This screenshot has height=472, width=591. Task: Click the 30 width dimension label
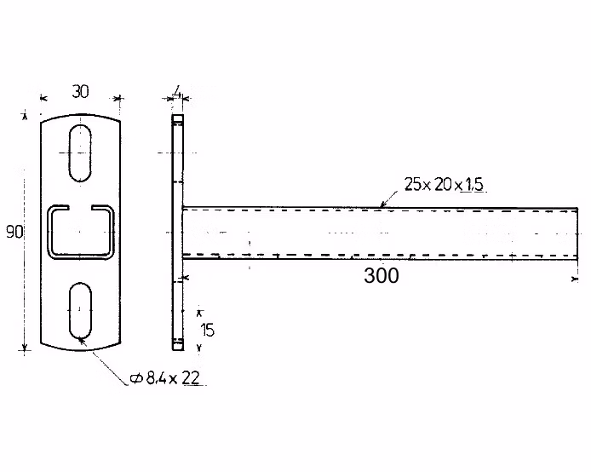[x=80, y=92]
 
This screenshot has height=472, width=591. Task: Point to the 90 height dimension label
[x=14, y=232]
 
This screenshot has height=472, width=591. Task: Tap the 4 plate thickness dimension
[x=176, y=92]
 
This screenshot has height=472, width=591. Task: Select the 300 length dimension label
[x=381, y=275]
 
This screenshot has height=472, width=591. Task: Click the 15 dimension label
[x=207, y=331]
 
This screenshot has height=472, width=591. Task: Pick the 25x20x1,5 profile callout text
[x=444, y=184]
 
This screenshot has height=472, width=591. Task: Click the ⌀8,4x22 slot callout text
[x=164, y=377]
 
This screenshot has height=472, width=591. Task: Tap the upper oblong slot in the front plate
[x=80, y=153]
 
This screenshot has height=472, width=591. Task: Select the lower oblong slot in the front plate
[x=80, y=311]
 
